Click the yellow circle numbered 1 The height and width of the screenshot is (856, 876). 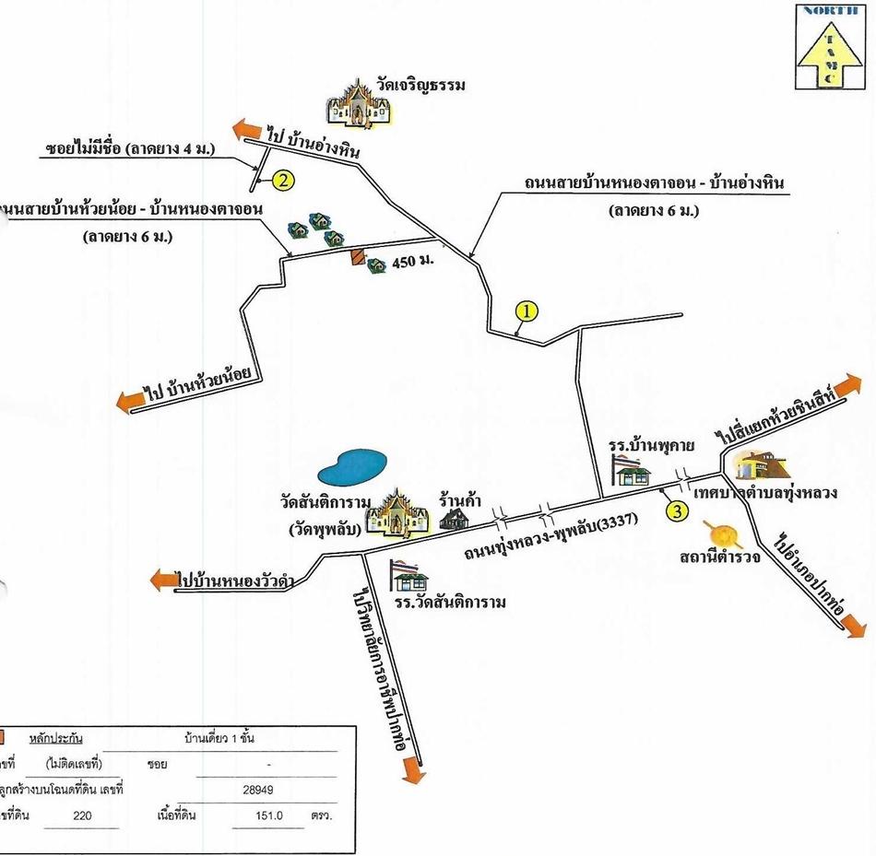click(x=525, y=311)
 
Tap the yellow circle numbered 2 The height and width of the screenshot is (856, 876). click(x=284, y=181)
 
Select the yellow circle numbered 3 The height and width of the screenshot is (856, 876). click(x=676, y=510)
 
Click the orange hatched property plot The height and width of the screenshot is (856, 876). click(x=355, y=259)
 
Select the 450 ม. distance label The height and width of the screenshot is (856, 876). click(x=412, y=263)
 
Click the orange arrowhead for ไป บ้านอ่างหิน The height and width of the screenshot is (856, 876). click(x=243, y=129)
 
